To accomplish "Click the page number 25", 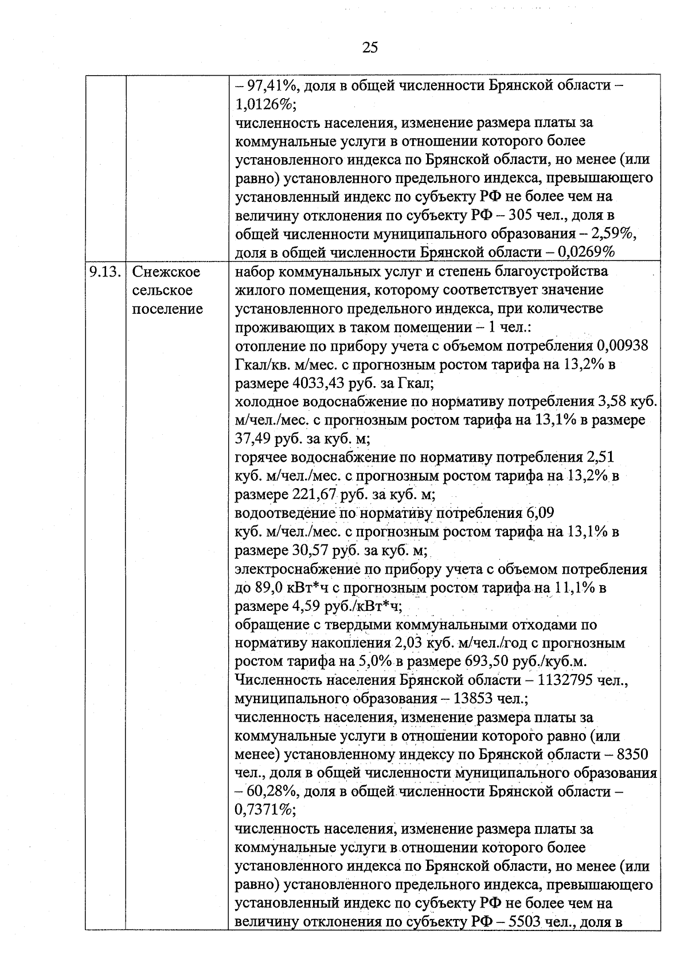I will click(370, 48).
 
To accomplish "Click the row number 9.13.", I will click(104, 271).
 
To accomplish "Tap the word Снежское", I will click(166, 271).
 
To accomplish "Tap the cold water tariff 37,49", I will click(253, 439).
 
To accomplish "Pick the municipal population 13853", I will click(473, 699).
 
